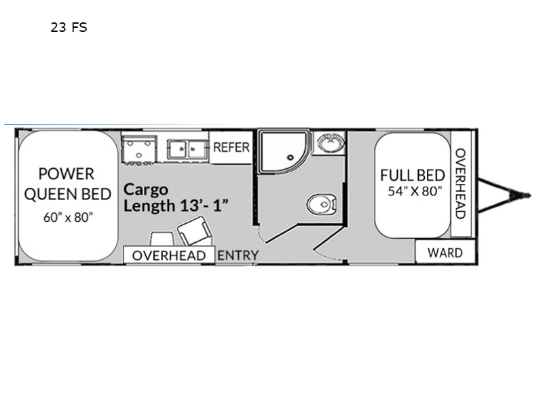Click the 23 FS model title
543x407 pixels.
click(x=69, y=27)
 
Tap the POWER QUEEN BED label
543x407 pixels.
click(x=67, y=184)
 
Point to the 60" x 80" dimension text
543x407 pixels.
click(x=69, y=217)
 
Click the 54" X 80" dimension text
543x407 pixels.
click(x=415, y=191)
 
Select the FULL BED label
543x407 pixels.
click(x=413, y=176)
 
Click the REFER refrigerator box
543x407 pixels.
click(x=231, y=147)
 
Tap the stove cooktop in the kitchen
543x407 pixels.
click(x=139, y=149)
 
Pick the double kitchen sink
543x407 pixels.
click(x=187, y=149)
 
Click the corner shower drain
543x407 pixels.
click(x=291, y=157)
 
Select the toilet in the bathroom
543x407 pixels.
click(x=322, y=205)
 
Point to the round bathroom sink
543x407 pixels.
click(x=331, y=142)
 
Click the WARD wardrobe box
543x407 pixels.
click(x=445, y=252)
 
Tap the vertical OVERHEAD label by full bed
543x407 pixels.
click(x=460, y=184)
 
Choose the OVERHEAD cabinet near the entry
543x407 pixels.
click(x=169, y=256)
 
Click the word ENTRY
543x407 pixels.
click(x=238, y=256)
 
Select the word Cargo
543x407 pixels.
click(x=146, y=190)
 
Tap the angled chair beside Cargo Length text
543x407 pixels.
click(x=194, y=231)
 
